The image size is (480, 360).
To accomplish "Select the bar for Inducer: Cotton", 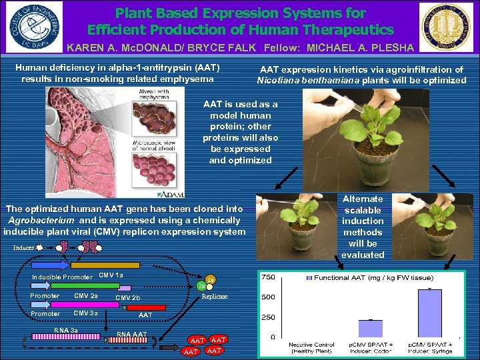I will [371, 328].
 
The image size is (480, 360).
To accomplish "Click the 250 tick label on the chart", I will [269, 317].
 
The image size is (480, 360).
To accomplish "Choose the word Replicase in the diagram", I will [215, 297].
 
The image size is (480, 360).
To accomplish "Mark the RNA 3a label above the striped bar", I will [66, 331].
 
